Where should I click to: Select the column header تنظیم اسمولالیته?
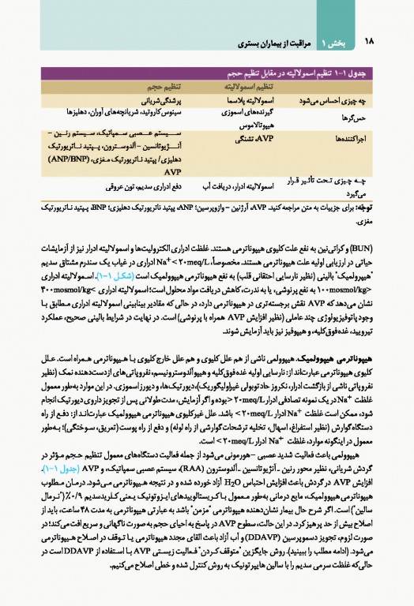[234, 87]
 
